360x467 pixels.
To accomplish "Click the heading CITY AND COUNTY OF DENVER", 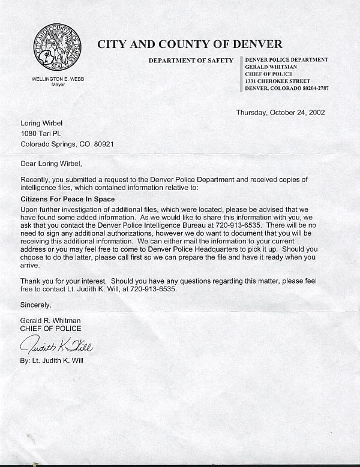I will click(190, 44).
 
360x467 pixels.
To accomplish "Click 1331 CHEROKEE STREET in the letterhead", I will click(277, 81).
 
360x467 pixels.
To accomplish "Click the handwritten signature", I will click(57, 346).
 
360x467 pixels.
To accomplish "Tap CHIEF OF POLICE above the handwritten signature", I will click(50, 329).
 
